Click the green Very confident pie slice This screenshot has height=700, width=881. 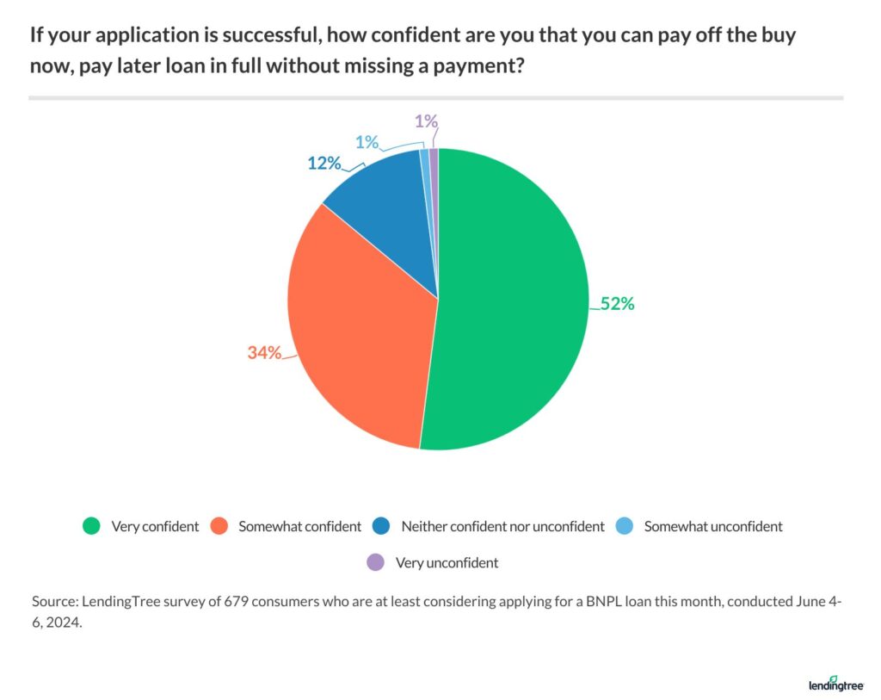pyautogui.click(x=516, y=301)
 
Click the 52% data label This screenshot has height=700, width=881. pyautogui.click(x=617, y=304)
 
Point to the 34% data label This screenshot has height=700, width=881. pyautogui.click(x=264, y=352)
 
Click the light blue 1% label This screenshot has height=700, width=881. pyautogui.click(x=367, y=142)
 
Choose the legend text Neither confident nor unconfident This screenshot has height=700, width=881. pyautogui.click(x=503, y=526)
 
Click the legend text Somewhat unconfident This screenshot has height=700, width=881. pyautogui.click(x=713, y=526)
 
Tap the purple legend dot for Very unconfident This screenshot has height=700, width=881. pyautogui.click(x=374, y=563)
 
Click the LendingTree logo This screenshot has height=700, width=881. pyautogui.click(x=836, y=684)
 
